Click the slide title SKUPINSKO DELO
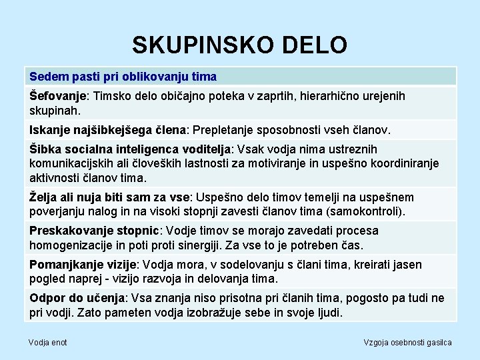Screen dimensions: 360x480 [x=239, y=45]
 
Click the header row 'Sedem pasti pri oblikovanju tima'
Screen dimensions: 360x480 [x=123, y=77]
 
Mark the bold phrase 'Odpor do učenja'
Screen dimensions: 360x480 [x=77, y=298]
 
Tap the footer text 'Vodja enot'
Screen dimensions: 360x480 [x=47, y=342]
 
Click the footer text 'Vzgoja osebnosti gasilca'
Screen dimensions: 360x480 [x=407, y=342]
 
